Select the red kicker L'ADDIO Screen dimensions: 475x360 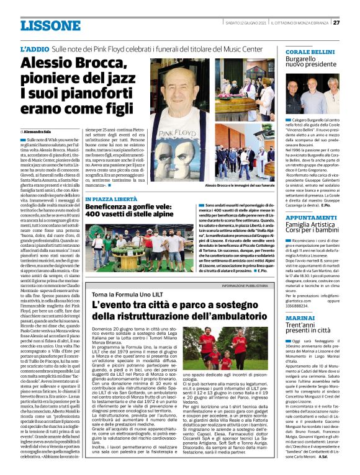pyautogui.click(x=34, y=48)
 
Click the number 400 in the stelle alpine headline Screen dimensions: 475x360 pyautogui.click(x=96, y=214)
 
